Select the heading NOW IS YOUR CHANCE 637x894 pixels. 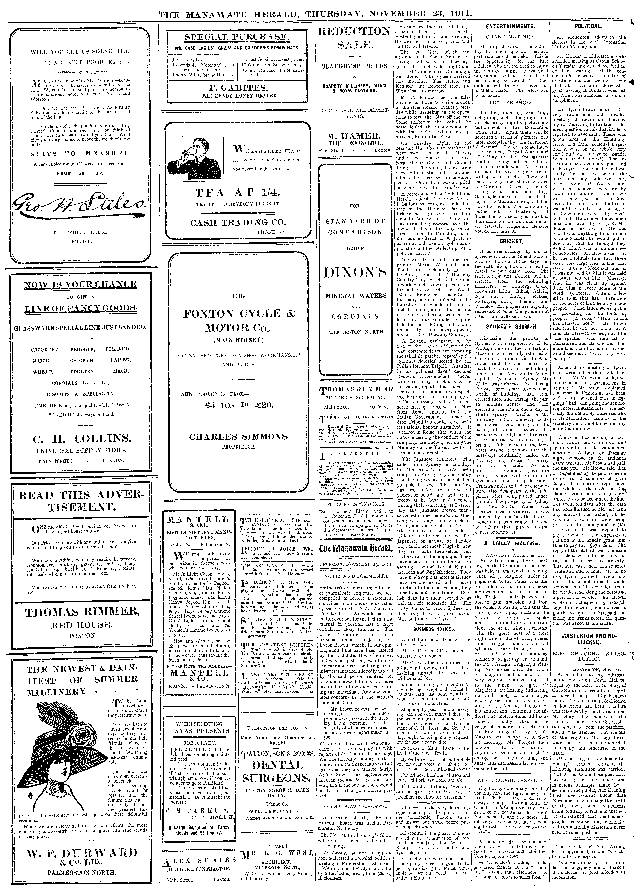80,284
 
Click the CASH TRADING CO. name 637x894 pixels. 238,222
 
